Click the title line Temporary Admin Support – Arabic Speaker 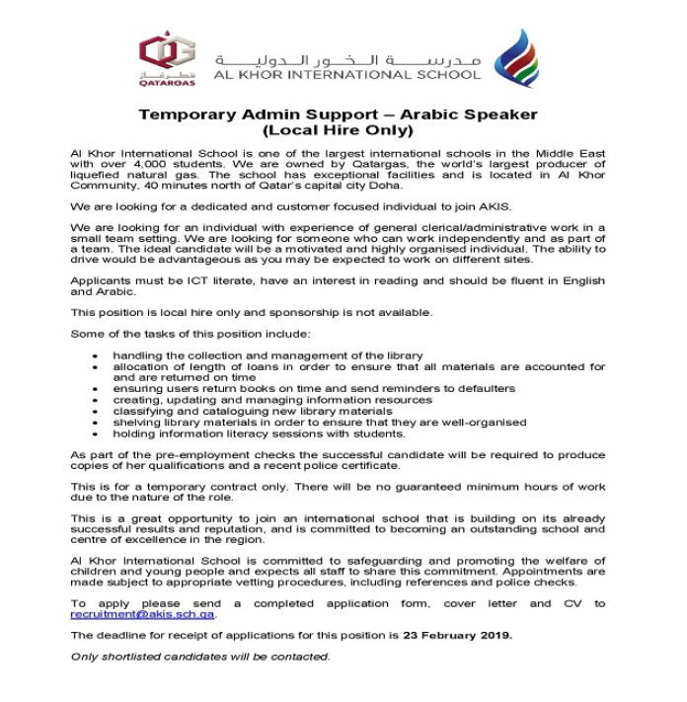[338, 115]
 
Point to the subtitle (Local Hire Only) [338, 129]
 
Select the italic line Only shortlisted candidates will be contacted [200, 657]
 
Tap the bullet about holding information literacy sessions [259, 433]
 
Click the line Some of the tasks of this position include [191, 333]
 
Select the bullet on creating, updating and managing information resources [271, 400]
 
